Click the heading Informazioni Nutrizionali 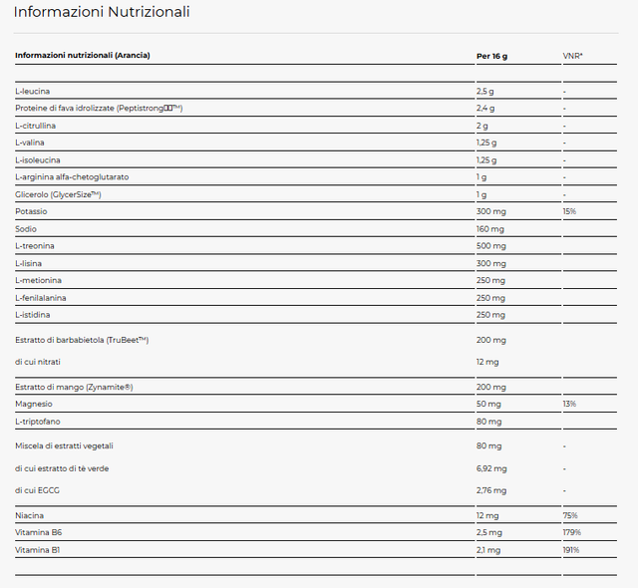click(102, 12)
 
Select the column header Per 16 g click(492, 55)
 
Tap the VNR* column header click(572, 55)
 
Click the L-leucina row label click(34, 92)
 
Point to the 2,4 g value click(485, 109)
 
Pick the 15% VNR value click(569, 211)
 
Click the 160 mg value click(490, 229)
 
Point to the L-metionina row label click(40, 280)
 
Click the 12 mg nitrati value click(487, 362)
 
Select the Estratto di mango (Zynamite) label click(74, 387)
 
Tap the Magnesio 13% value click(569, 404)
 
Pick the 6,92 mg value click(492, 467)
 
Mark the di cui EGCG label click(39, 490)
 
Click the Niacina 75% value click(569, 515)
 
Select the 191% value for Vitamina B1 click(570, 549)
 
